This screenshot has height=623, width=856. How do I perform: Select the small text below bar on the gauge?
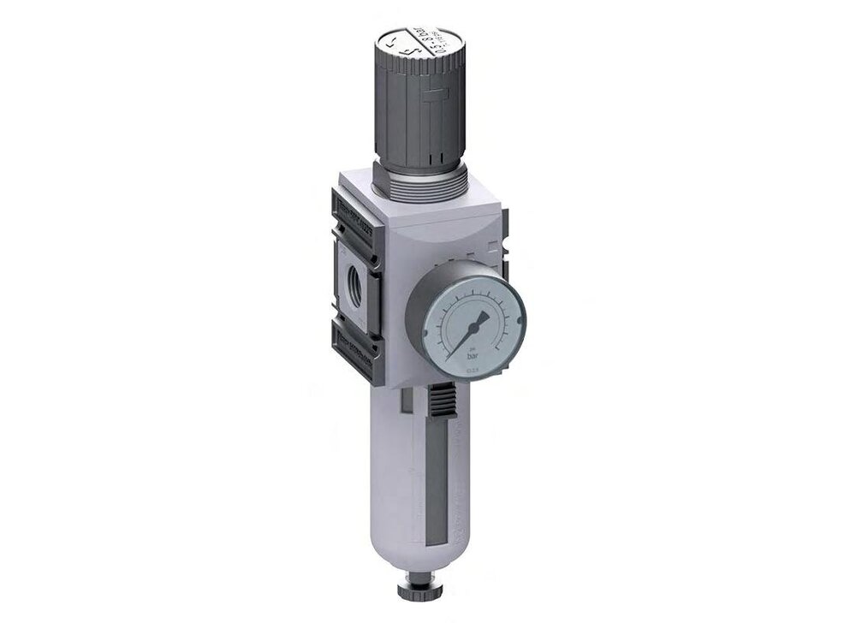click(x=468, y=369)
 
